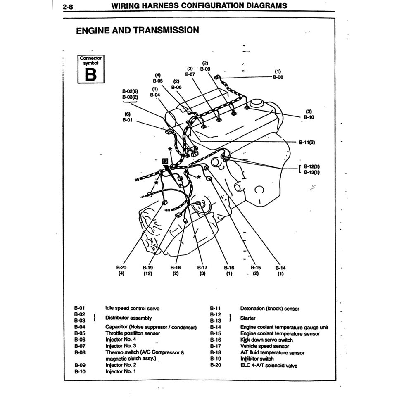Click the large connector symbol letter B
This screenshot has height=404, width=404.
(x=90, y=74)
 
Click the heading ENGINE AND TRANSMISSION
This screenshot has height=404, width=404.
(x=138, y=30)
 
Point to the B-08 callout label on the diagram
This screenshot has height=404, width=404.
(x=278, y=77)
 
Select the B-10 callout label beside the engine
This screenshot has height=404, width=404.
(x=309, y=117)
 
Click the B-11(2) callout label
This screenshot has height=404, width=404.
(x=307, y=142)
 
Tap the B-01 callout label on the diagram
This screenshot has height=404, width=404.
(x=127, y=120)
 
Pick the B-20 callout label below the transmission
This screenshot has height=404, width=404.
(x=121, y=268)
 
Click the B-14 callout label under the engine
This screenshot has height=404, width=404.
(x=280, y=268)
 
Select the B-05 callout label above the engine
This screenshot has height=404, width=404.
(x=157, y=81)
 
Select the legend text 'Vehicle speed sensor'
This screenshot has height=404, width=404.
(x=264, y=346)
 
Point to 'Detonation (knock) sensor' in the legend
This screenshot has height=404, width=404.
(x=269, y=308)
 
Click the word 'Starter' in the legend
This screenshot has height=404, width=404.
(x=248, y=318)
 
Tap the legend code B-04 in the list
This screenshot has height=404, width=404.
(x=79, y=327)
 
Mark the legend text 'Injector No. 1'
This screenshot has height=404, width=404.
(x=121, y=371)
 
